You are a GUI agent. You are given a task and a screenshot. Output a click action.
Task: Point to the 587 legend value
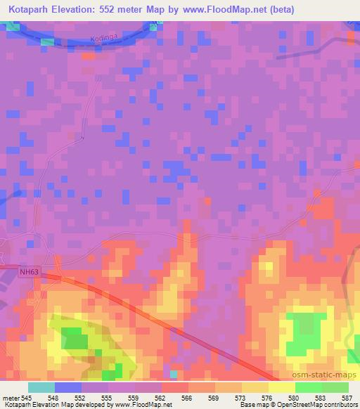[347, 398]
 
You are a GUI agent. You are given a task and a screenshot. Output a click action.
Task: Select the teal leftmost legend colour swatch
[41, 388]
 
